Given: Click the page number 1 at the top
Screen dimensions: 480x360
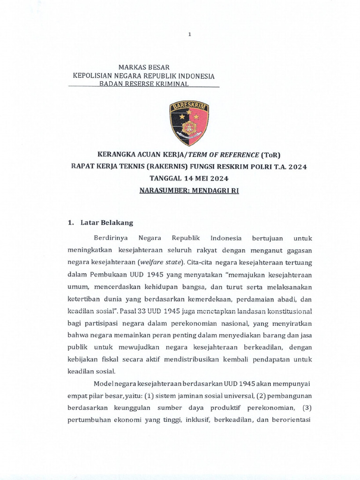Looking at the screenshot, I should pyautogui.click(x=189, y=34).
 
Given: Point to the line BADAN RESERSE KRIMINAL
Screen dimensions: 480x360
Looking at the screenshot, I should pyautogui.click(x=143, y=84).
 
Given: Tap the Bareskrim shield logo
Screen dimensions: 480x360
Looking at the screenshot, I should pyautogui.click(x=189, y=123).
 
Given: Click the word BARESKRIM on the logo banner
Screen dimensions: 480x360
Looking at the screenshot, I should pyautogui.click(x=189, y=106).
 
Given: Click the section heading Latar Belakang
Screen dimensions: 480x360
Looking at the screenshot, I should pyautogui.click(x=107, y=223).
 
